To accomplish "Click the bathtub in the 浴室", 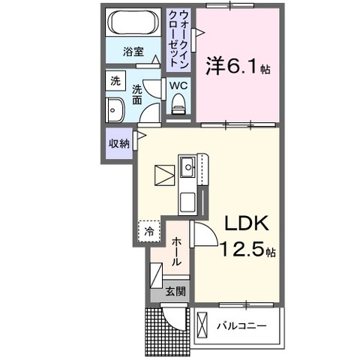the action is pyautogui.click(x=133, y=22).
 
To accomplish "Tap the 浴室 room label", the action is pyautogui.click(x=133, y=52).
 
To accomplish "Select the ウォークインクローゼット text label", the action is pyautogui.click(x=178, y=39).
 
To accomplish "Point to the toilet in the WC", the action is pyautogui.click(x=178, y=103).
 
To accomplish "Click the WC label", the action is pyautogui.click(x=178, y=85).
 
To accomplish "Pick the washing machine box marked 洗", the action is pyautogui.click(x=115, y=81).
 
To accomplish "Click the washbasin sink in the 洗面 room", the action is pyautogui.click(x=115, y=110).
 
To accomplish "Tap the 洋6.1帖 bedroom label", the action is pyautogui.click(x=238, y=66).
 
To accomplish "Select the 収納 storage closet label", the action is pyautogui.click(x=119, y=143).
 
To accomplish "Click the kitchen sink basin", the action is pyautogui.click(x=187, y=166).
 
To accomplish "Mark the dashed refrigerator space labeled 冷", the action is pyautogui.click(x=149, y=231).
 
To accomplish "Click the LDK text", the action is pyautogui.click(x=247, y=223).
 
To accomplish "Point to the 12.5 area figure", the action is pyautogui.click(x=241, y=250).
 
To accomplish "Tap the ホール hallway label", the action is pyautogui.click(x=176, y=251).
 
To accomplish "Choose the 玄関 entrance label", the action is pyautogui.click(x=175, y=292).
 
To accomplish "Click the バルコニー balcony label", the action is pyautogui.click(x=241, y=326).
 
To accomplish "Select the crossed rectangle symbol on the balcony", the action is pyautogui.click(x=202, y=325).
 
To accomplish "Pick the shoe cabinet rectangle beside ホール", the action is pyautogui.click(x=156, y=275).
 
